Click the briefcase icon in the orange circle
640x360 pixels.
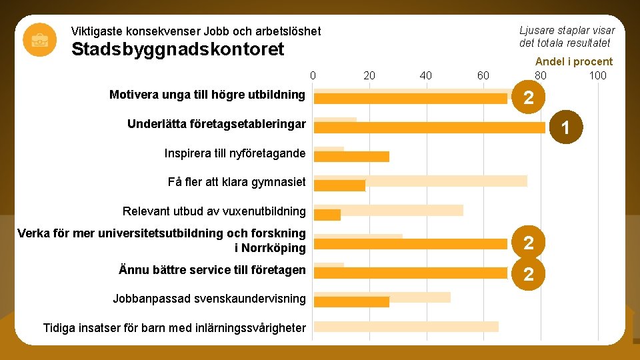click(x=39, y=39)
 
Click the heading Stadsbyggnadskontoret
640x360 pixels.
click(x=177, y=49)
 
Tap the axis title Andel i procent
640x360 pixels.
click(x=573, y=61)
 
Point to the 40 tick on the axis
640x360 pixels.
click(x=426, y=75)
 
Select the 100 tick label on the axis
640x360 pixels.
click(x=597, y=75)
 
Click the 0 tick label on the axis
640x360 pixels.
click(x=313, y=75)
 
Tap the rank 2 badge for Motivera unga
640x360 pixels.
click(x=528, y=98)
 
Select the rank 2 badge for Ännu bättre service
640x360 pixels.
click(x=528, y=273)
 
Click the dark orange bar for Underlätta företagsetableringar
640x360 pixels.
click(x=429, y=127)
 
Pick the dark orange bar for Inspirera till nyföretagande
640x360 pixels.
click(x=351, y=157)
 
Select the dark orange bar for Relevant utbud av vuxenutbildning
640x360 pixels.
click(x=327, y=215)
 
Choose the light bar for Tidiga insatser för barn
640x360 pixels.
click(x=405, y=327)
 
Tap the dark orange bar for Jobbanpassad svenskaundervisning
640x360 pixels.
click(x=351, y=301)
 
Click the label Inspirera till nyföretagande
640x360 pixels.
click(x=235, y=153)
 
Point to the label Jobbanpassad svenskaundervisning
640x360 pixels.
click(x=209, y=298)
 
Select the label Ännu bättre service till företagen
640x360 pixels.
click(x=212, y=270)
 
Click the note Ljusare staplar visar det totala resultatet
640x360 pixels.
click(x=567, y=37)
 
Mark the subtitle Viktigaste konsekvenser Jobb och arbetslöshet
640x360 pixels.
click(x=196, y=31)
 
